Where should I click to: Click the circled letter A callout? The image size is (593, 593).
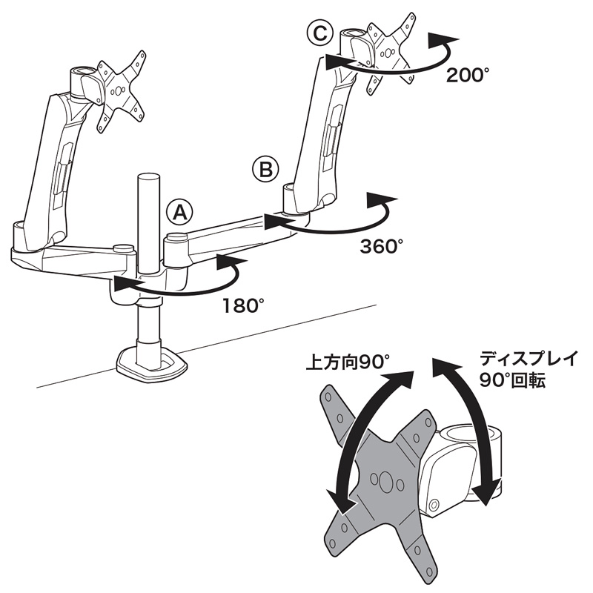(179, 213)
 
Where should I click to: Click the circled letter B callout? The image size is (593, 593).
(265, 170)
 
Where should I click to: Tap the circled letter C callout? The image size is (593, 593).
(320, 34)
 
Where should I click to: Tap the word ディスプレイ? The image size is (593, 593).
(529, 358)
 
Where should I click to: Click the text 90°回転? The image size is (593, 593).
(512, 380)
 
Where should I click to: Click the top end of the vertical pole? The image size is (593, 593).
(149, 177)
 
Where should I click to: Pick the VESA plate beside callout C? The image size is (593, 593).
(391, 53)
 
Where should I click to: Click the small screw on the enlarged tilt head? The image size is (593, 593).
(434, 505)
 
